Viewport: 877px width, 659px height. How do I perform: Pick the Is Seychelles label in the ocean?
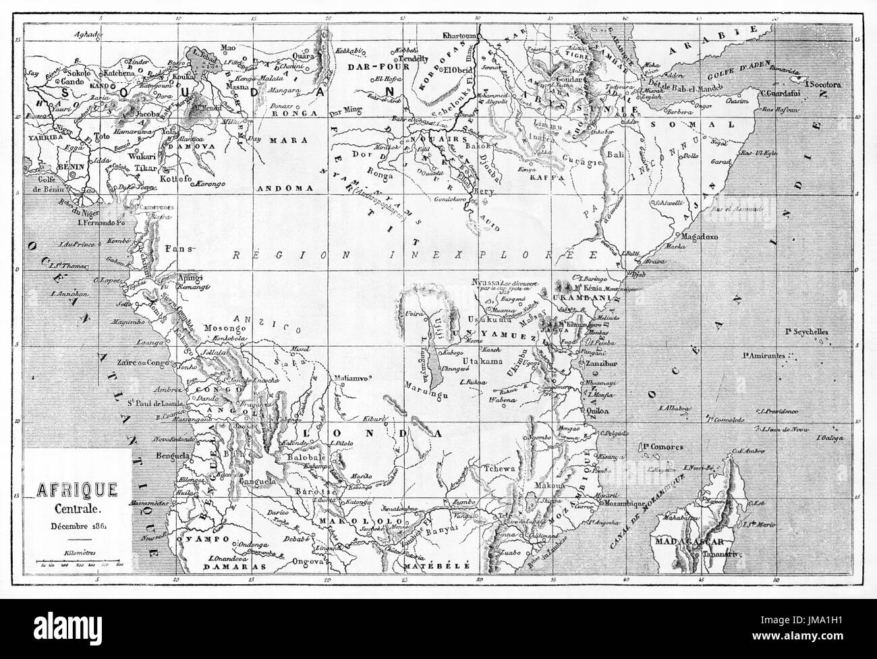pos(807,332)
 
